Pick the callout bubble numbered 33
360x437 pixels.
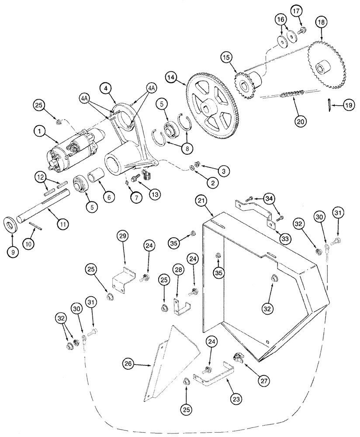click(285, 238)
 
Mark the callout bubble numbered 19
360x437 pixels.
click(347, 105)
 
